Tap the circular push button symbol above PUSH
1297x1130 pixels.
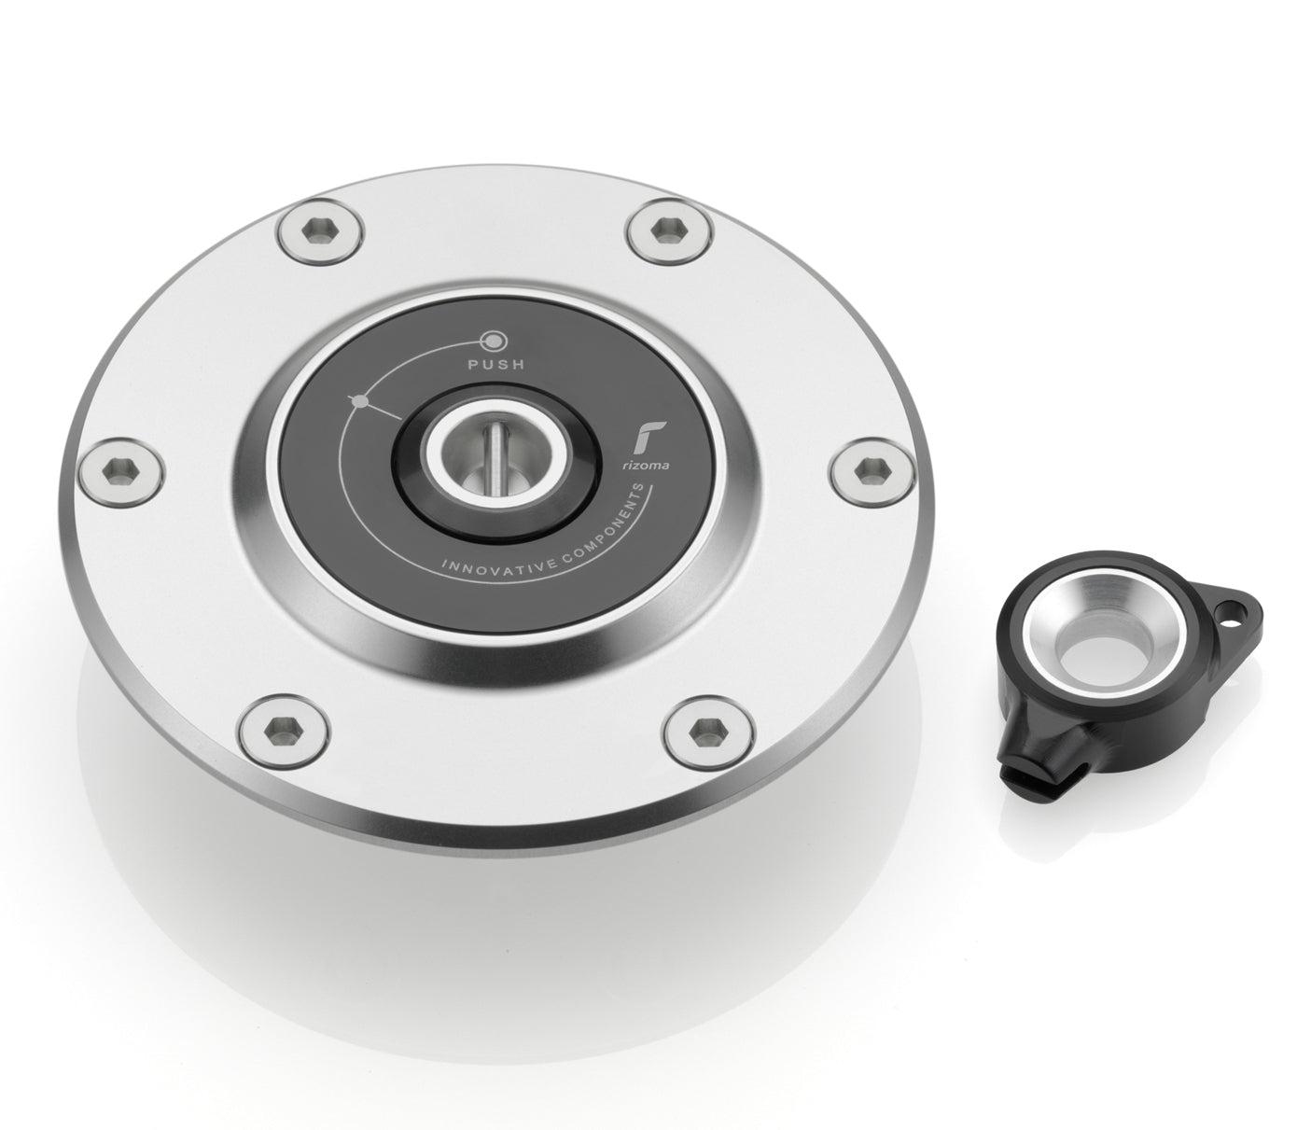click(492, 340)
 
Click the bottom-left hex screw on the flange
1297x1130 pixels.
click(284, 725)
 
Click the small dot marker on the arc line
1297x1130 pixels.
click(359, 401)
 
